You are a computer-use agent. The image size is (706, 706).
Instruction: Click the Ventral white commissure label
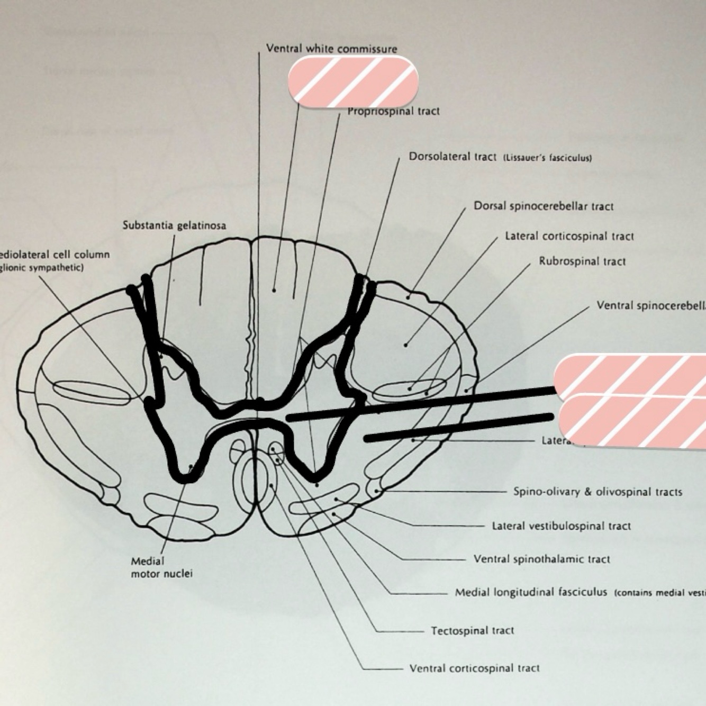[x=331, y=49]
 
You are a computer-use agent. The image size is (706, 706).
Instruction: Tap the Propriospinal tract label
[x=394, y=111]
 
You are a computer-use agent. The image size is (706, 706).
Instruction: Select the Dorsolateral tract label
[x=452, y=157]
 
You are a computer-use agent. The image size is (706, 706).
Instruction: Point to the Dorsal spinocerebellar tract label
[x=544, y=206]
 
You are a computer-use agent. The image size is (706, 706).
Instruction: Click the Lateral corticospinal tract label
[x=569, y=236]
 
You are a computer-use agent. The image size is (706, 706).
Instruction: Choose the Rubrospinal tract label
[x=582, y=261]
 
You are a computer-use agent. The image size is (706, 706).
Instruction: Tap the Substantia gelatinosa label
[x=174, y=225]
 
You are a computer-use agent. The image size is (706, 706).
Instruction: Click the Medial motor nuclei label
[x=161, y=567]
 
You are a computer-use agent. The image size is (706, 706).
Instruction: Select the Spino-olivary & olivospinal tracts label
[x=598, y=492]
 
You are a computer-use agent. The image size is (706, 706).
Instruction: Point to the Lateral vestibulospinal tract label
[x=561, y=526]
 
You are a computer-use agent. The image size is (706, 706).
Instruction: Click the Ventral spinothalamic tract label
[x=541, y=559]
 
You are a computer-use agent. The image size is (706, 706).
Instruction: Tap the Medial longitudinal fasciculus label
[x=531, y=592]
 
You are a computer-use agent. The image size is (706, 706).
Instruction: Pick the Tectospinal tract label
[x=472, y=630]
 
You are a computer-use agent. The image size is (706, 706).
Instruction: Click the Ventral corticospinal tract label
[x=474, y=668]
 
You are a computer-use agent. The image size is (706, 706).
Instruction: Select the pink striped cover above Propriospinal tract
[x=353, y=82]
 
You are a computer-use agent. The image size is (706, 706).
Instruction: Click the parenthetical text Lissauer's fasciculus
[x=547, y=158]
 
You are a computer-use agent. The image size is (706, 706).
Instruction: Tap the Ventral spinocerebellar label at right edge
[x=651, y=305]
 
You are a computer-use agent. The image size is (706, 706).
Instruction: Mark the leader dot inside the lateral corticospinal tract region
[x=406, y=345]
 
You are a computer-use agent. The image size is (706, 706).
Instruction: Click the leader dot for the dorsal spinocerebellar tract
[x=408, y=297]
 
